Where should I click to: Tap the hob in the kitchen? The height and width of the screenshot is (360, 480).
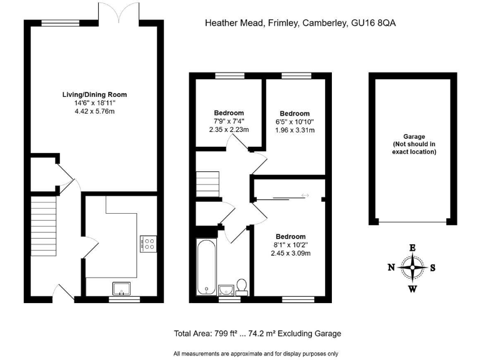coord(148,242)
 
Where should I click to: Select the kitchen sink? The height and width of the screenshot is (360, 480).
coord(121,289)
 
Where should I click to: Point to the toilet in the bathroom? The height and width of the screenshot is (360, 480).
coord(242,287)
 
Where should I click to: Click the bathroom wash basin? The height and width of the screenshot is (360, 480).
coord(226,289)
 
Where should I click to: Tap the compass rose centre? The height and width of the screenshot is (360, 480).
coord(412,267)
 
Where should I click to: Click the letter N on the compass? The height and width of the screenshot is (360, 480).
coord(391,268)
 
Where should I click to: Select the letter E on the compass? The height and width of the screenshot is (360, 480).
coord(412,247)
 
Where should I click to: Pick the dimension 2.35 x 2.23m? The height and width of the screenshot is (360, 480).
coord(229,129)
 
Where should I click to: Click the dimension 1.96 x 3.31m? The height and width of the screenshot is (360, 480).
coord(294,130)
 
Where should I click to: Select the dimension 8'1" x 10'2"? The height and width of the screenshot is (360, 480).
coord(291,245)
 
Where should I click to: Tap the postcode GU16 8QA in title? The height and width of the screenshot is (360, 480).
coord(372,23)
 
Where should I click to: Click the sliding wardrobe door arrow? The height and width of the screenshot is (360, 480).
coord(305,196)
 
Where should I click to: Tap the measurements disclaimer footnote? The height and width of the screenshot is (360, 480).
coord(256,353)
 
